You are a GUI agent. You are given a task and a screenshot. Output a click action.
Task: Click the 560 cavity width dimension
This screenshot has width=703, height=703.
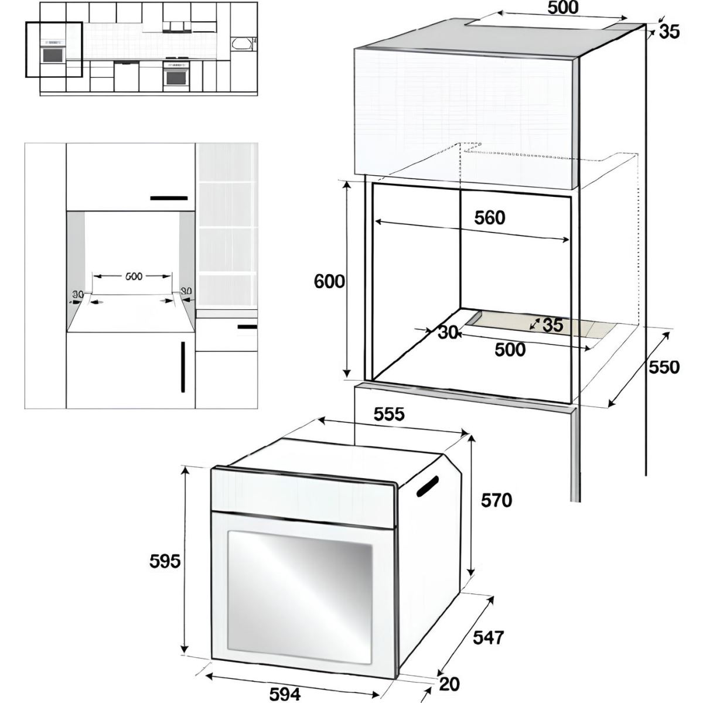(490, 218)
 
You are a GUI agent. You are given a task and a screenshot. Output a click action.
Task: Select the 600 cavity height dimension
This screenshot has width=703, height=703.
(329, 282)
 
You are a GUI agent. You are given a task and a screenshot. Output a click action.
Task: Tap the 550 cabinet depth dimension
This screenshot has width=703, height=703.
(664, 367)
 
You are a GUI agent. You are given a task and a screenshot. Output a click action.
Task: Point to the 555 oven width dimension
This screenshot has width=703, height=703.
(389, 414)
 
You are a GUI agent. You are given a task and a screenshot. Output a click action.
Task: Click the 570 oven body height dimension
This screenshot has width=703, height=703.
(497, 500)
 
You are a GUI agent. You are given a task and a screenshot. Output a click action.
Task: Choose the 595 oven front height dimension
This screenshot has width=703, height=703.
(165, 561)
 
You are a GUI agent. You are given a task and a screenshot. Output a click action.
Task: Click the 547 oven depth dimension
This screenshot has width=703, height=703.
(488, 638)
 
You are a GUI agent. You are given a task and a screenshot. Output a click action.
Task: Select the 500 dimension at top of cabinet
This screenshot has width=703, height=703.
(563, 8)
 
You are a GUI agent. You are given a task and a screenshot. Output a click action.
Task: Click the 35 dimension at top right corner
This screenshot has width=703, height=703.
(670, 32)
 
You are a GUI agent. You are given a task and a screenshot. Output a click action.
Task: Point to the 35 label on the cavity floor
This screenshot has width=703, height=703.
(553, 325)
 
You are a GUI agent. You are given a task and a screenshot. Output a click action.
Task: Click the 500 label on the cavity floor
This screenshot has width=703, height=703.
(510, 350)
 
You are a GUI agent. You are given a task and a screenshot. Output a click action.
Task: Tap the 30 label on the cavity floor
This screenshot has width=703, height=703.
(448, 332)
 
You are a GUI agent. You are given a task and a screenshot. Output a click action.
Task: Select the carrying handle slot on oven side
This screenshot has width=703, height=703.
(427, 487)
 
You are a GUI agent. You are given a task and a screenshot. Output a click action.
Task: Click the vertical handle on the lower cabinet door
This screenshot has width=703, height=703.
(183, 367)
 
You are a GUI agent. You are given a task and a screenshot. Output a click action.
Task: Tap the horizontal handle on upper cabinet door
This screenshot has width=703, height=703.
(169, 198)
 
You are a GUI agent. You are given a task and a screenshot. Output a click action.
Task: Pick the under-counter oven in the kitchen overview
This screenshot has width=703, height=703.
(176, 74)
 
